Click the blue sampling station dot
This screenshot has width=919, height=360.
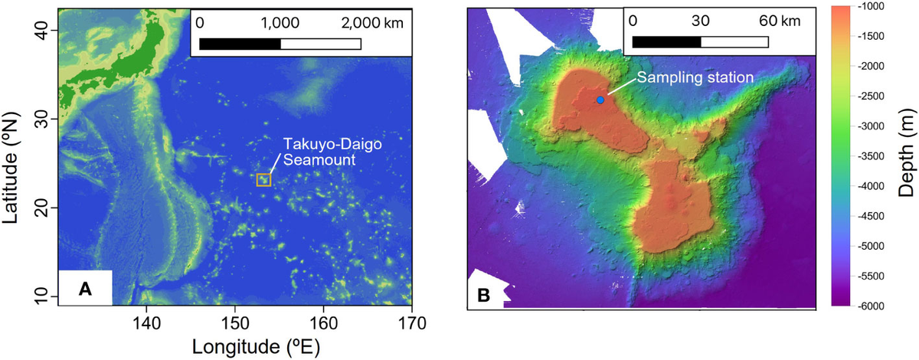[600, 100]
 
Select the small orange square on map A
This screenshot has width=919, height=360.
[263, 180]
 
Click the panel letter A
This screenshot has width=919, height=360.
[86, 290]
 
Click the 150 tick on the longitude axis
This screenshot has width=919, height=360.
[234, 323]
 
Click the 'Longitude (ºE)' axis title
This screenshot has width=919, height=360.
[234, 347]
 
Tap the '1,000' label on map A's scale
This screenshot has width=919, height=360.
[280, 23]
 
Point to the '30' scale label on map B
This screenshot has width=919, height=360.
[699, 21]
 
